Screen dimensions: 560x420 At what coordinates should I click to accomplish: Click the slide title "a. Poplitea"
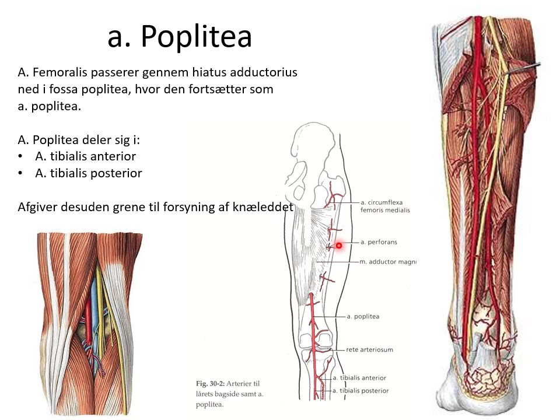pyautogui.click(x=180, y=37)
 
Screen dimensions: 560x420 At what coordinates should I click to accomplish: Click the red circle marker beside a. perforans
pyautogui.click(x=338, y=246)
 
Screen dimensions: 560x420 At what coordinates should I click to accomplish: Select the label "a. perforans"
pyautogui.click(x=380, y=242)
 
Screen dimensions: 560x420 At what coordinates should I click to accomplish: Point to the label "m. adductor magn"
pyautogui.click(x=388, y=262)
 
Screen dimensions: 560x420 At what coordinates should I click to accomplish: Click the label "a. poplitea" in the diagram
pyautogui.click(x=363, y=316)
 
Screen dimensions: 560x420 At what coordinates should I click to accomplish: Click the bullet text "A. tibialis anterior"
pyautogui.click(x=85, y=156)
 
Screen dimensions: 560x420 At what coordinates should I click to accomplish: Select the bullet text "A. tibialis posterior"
pyautogui.click(x=88, y=173)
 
